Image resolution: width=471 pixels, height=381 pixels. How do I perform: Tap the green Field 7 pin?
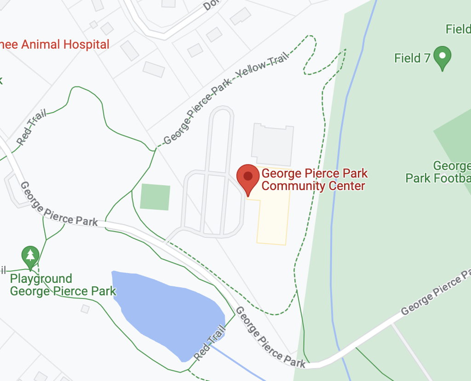[x=442, y=57]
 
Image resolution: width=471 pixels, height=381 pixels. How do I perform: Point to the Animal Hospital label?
[x=55, y=45]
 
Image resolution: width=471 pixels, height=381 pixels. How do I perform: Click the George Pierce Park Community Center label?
[x=314, y=180]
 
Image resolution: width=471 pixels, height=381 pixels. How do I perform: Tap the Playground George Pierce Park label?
[x=63, y=285]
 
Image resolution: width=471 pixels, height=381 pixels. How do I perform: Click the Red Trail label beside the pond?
[x=210, y=342]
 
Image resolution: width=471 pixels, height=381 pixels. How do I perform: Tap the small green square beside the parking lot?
[x=155, y=197]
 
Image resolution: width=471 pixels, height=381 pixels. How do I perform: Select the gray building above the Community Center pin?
[x=272, y=144]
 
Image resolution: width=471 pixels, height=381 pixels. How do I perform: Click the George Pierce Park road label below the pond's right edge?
[x=270, y=337]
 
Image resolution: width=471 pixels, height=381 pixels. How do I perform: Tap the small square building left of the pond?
[x=85, y=309]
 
